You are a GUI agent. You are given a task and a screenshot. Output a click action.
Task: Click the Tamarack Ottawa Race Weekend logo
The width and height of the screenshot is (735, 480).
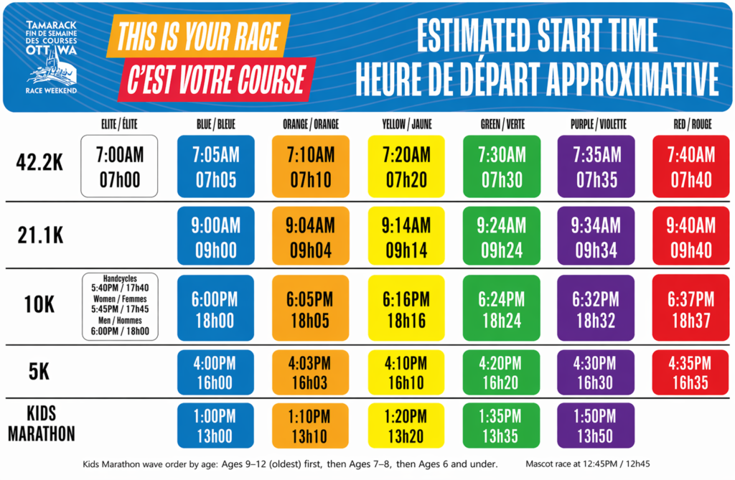click(x=51, y=57)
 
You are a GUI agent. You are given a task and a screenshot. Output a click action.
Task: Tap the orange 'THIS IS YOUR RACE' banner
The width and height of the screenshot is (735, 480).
click(x=198, y=36)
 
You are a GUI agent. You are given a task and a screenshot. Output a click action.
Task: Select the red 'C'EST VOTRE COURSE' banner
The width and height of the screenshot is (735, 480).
click(x=217, y=79)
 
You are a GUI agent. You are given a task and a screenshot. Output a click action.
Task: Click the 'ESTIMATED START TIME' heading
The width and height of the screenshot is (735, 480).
click(x=537, y=35)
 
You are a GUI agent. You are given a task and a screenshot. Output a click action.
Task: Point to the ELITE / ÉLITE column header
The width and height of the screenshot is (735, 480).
click(x=120, y=124)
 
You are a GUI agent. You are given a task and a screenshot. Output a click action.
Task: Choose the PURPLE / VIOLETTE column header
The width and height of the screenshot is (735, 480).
click(x=599, y=124)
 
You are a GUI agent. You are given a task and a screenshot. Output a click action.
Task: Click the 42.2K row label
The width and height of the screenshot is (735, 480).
click(x=39, y=163)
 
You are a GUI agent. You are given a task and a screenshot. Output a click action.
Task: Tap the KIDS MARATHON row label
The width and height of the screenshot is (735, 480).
click(x=41, y=424)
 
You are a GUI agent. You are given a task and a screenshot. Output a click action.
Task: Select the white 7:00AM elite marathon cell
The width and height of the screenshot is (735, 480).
click(x=119, y=166)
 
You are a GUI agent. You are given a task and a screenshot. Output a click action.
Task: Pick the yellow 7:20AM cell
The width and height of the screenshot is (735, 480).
click(x=406, y=166)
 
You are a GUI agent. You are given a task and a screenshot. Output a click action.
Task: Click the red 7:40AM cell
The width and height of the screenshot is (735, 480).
click(x=691, y=166)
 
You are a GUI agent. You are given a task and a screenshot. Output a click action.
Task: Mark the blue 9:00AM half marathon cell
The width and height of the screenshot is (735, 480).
click(x=215, y=236)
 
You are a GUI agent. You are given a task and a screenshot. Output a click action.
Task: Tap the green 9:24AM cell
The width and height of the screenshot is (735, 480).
click(x=502, y=236)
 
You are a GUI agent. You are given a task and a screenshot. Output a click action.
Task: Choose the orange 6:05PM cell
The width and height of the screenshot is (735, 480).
click(x=310, y=308)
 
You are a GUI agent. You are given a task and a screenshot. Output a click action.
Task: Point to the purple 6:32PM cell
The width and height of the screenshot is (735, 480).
click(x=596, y=308)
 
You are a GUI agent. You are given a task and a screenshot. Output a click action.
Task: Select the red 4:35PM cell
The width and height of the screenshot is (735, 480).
click(x=690, y=372)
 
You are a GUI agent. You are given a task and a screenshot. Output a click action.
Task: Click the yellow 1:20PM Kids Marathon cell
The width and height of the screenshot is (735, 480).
click(x=406, y=425)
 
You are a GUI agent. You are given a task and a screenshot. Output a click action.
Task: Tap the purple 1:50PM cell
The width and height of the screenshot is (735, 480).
click(x=595, y=425)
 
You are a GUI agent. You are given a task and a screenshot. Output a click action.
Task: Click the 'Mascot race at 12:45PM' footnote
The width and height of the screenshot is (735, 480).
click(x=588, y=464)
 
